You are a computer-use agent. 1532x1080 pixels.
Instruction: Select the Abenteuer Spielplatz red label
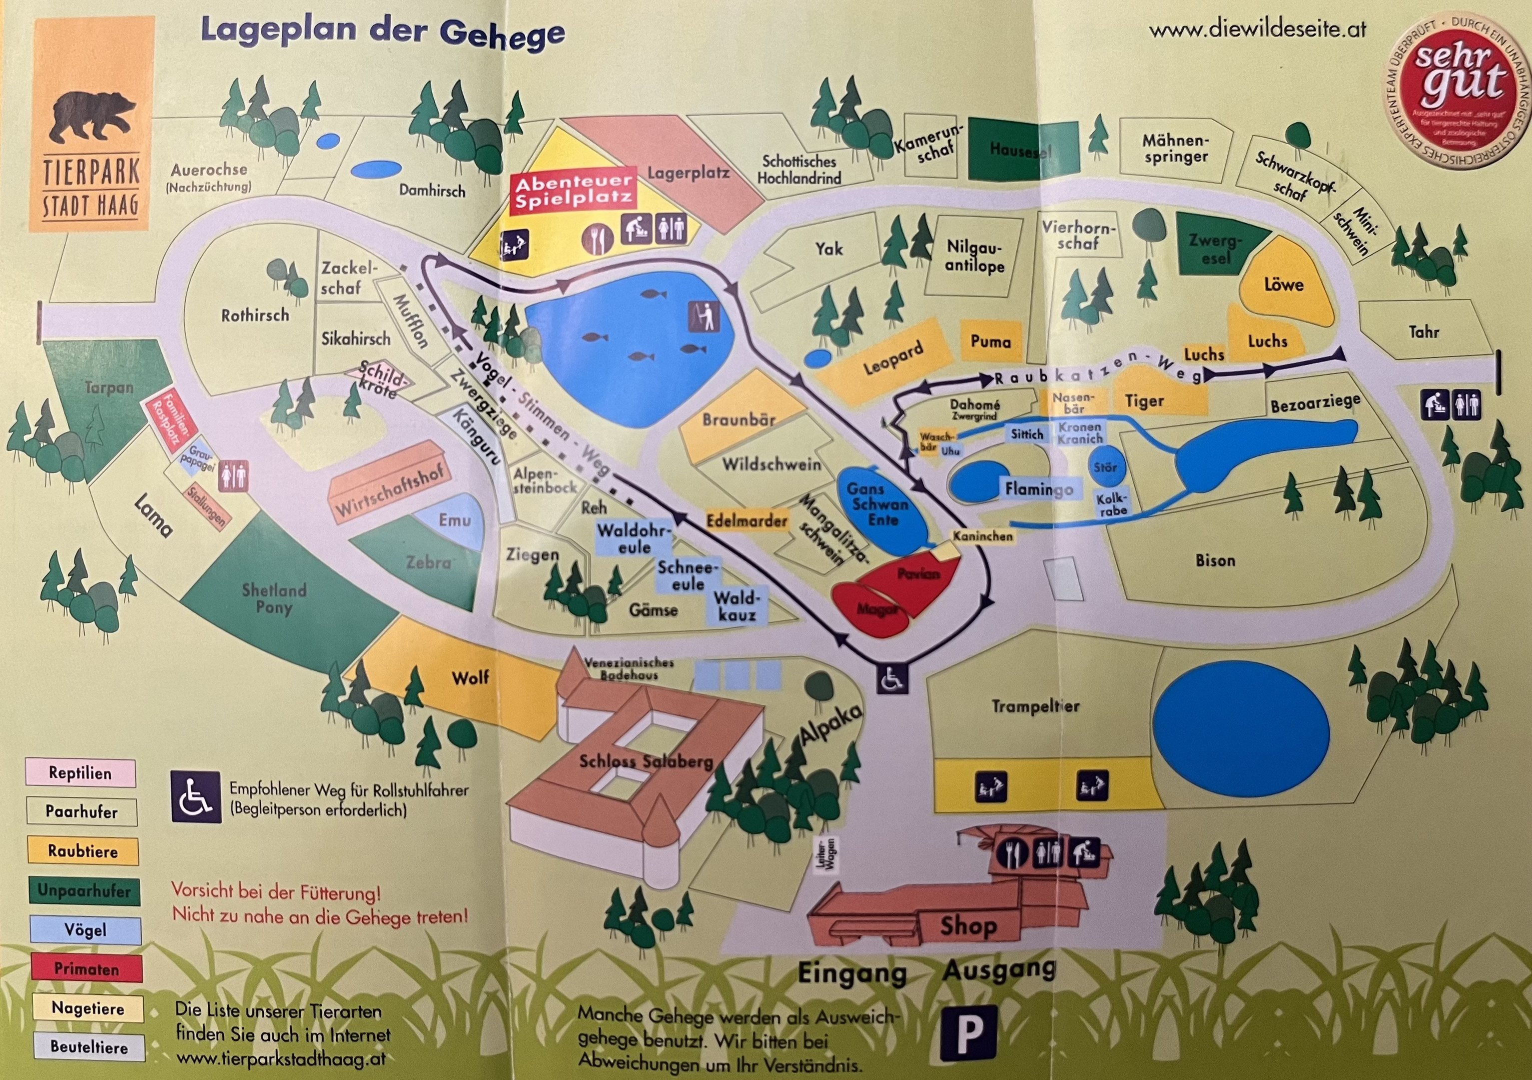pos(573,191)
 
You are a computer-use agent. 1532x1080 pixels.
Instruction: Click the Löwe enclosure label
pos(1283,285)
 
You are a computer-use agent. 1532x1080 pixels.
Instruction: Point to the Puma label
pos(990,342)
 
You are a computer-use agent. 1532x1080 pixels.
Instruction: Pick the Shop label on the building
pos(968,926)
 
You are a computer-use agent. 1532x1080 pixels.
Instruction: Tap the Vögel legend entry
pos(85,930)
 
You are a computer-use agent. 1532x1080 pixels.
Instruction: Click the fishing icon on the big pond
pos(705,315)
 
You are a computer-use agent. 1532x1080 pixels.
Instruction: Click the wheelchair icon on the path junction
pos(892,679)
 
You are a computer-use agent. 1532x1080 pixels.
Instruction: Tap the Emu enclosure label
pos(454,520)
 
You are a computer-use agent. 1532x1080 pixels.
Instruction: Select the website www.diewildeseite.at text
pos(1257,30)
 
